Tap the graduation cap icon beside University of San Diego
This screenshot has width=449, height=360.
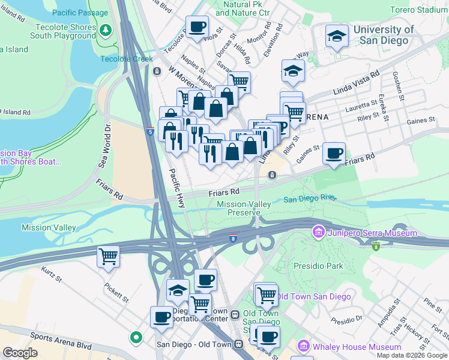coord(337,37)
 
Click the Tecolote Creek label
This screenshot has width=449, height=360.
coord(127,59)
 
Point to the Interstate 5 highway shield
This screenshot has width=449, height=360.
coord(149,131)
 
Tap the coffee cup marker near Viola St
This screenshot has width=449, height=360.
coord(197,27)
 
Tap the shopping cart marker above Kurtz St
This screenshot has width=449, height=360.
coord(108,257)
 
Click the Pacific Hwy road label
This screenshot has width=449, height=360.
coord(177,188)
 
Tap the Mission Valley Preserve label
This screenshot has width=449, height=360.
coord(244,208)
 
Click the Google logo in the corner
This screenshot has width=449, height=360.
coord(20,353)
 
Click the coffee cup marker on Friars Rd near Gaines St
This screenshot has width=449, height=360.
coord(334,153)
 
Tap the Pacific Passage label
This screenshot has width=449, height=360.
coord(80,13)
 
